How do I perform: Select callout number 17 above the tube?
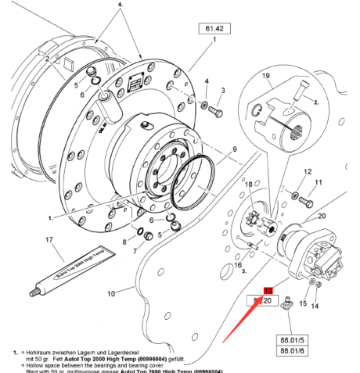pyautogui.click(x=49, y=240)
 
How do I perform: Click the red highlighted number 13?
pyautogui.click(x=268, y=289)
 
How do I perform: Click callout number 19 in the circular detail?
pyautogui.click(x=265, y=77)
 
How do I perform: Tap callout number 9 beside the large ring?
pyautogui.click(x=232, y=149)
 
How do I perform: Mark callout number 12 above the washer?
pyautogui.click(x=308, y=171)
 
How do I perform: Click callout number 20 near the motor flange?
pyautogui.click(x=322, y=217)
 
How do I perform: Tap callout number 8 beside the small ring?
pyautogui.click(x=123, y=243)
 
